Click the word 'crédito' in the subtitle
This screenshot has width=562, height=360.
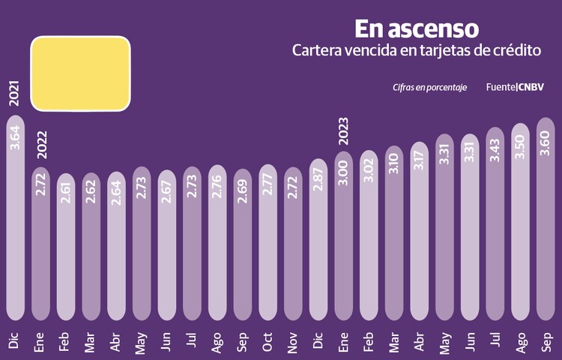513,52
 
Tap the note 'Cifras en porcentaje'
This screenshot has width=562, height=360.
429,88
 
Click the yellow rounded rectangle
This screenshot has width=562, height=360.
81,72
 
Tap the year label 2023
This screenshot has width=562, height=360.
343,130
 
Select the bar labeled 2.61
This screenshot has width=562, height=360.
65,247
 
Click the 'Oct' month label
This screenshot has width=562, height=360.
268,341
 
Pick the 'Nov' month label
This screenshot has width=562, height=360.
293,341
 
